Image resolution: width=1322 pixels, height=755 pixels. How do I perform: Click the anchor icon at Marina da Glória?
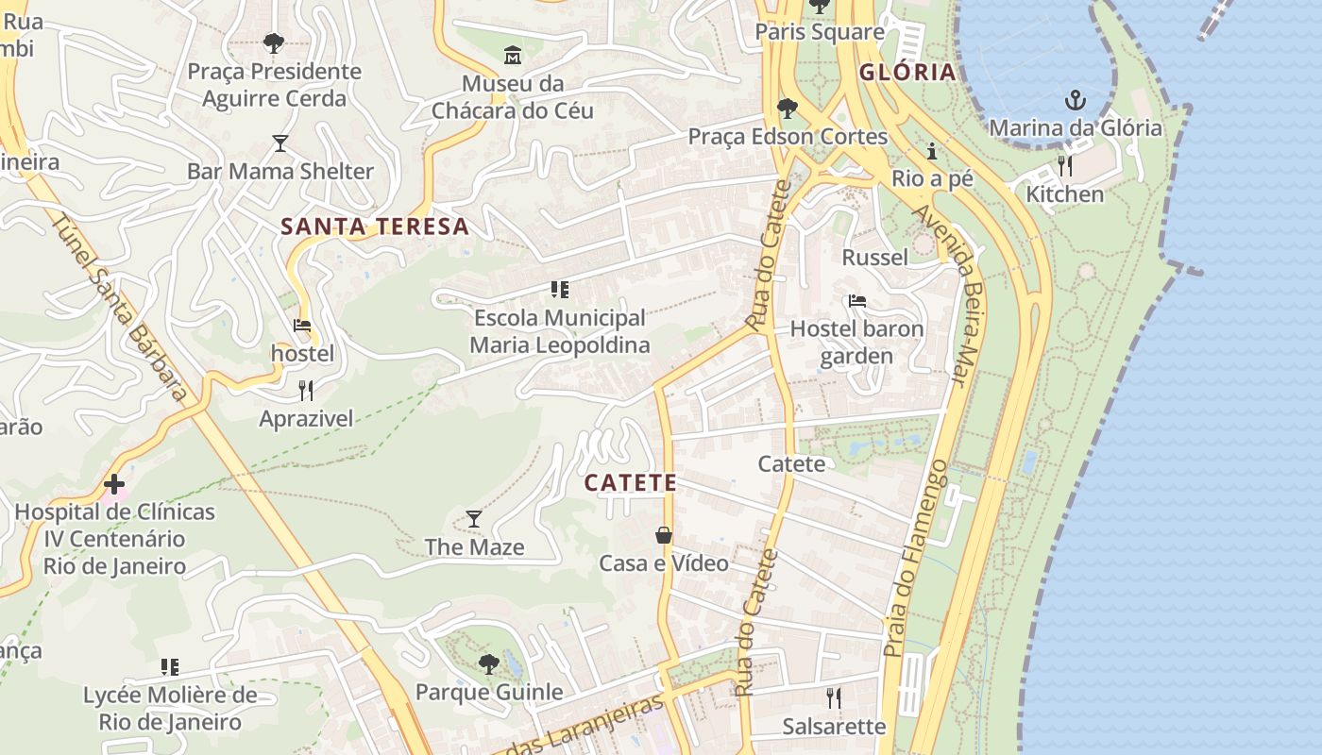pos(1074,99)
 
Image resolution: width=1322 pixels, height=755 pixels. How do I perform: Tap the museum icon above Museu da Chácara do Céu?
pos(513,56)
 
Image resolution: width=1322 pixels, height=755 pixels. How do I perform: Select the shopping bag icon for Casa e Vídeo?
pos(664,535)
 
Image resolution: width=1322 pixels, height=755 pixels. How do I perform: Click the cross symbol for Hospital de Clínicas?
pos(114,484)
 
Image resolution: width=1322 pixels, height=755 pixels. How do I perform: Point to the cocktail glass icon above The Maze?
pos(473,518)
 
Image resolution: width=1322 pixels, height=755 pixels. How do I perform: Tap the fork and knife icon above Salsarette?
pos(833,697)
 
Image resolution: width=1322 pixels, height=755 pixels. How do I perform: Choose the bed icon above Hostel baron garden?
pos(857,301)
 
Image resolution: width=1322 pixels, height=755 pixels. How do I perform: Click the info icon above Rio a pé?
pos(932,151)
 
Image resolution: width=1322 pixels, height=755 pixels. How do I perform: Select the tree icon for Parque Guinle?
pos(488,664)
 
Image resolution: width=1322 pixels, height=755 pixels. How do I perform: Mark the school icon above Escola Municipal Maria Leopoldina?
pos(559,289)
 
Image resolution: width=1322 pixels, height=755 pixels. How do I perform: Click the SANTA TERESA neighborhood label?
pos(375,226)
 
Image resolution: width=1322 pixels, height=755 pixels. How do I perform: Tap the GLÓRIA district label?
pos(907,73)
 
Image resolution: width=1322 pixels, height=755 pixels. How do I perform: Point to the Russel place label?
pos(874,258)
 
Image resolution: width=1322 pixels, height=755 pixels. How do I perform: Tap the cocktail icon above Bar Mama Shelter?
pos(280,143)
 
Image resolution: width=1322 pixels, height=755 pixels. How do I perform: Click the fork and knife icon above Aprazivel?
pos(305,390)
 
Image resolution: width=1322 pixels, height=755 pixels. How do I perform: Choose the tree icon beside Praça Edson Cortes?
pos(786,109)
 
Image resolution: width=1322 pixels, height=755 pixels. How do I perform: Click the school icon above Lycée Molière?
pos(170,667)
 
